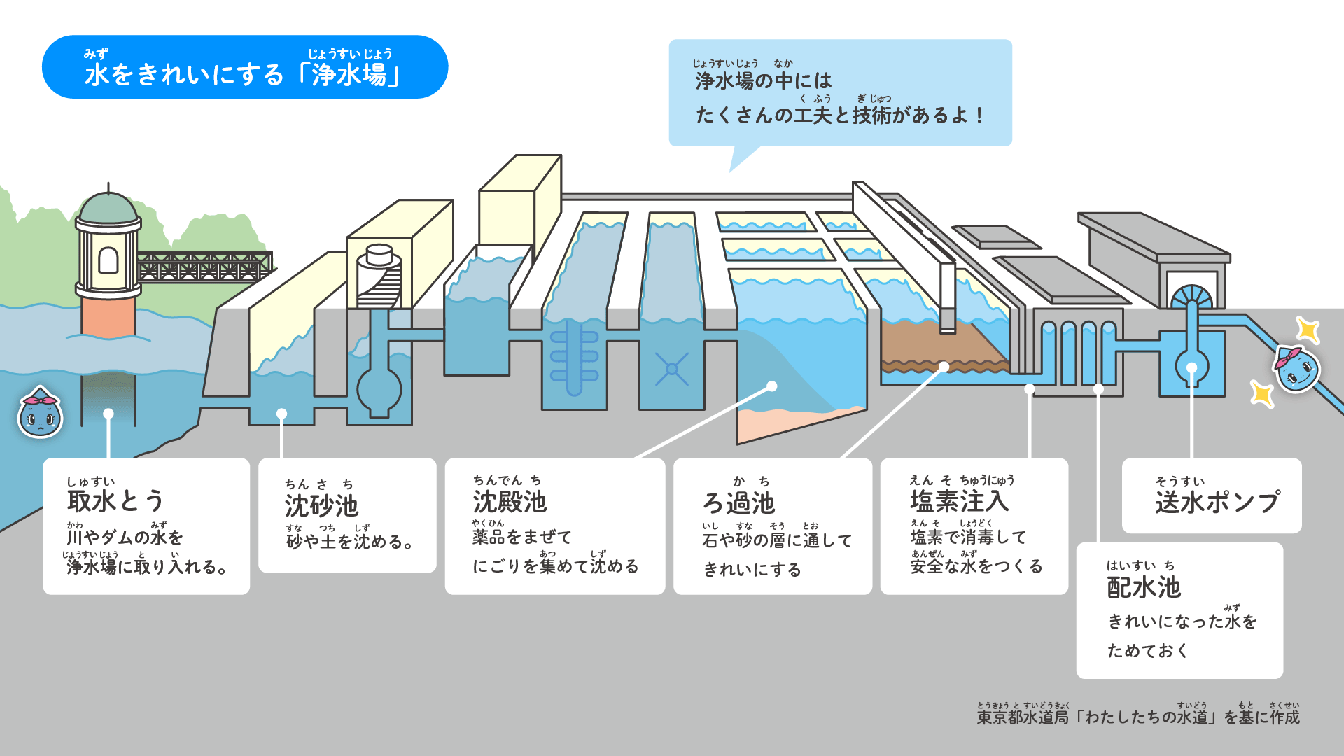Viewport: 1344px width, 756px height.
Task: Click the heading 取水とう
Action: (x=115, y=501)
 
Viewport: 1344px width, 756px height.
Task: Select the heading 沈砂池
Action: (x=321, y=505)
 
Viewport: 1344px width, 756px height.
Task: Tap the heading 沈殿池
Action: (x=510, y=502)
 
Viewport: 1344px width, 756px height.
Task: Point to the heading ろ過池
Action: (x=738, y=503)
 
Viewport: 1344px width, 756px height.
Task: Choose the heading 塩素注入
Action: (x=959, y=501)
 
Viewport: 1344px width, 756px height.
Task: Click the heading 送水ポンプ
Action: (x=1217, y=502)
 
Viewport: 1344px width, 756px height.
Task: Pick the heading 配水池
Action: (x=1144, y=587)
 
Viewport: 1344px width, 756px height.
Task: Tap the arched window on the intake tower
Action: (x=108, y=260)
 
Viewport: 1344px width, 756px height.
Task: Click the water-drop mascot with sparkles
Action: (x=1297, y=369)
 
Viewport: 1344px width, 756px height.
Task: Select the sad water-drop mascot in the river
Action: (x=40, y=414)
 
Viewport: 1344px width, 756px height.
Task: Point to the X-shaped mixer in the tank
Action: (x=672, y=369)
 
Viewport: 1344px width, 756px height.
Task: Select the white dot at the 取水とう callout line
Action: (x=108, y=414)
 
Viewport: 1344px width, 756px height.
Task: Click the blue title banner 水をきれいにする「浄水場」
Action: (x=245, y=68)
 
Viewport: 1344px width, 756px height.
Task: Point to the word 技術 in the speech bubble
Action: (x=871, y=115)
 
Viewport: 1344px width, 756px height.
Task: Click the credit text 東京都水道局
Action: (x=1023, y=717)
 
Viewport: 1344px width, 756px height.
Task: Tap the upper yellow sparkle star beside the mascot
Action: (x=1307, y=330)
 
